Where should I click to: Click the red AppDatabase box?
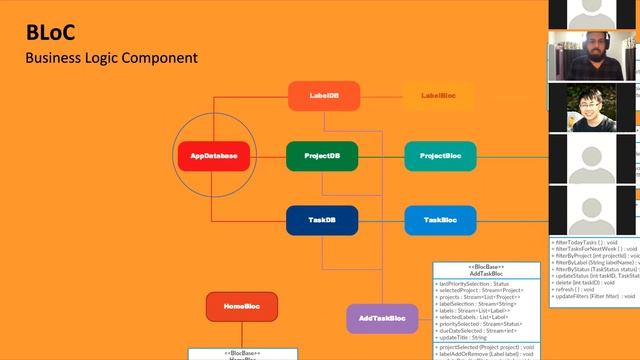pyautogui.click(x=213, y=156)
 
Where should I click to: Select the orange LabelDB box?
pyautogui.click(x=323, y=96)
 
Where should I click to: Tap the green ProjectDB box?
pyautogui.click(x=322, y=156)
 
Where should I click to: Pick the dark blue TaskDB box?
pyautogui.click(x=322, y=220)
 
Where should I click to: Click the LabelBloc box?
pyautogui.click(x=439, y=96)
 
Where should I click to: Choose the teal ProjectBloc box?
pyautogui.click(x=440, y=156)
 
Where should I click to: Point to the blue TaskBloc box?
pyautogui.click(x=440, y=220)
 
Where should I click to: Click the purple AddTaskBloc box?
pyautogui.click(x=382, y=319)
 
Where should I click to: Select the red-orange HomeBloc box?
pyautogui.click(x=241, y=307)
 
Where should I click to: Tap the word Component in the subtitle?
pyautogui.click(x=161, y=57)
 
